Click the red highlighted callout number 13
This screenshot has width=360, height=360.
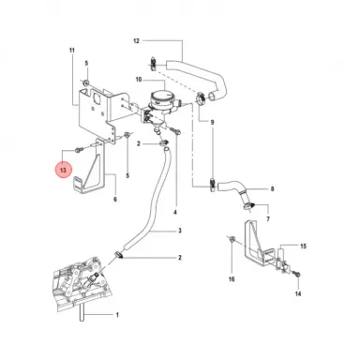(63, 171)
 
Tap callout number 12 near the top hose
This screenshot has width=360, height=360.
(136, 41)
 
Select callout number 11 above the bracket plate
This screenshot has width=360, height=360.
(72, 51)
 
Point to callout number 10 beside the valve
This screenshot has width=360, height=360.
(139, 80)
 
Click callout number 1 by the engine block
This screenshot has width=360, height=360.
(117, 315)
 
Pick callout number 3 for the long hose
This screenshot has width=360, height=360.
(180, 231)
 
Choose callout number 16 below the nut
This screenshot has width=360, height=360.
(232, 279)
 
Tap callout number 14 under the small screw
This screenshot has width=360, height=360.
(298, 293)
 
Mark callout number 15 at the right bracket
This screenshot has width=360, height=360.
(304, 247)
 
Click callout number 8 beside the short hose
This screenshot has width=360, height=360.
(272, 188)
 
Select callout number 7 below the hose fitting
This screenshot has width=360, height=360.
(268, 219)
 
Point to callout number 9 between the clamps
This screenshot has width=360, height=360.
(212, 122)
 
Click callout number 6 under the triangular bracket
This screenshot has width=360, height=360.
(115, 199)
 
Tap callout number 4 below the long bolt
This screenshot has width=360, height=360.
(175, 212)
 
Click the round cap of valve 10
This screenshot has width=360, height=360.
(162, 95)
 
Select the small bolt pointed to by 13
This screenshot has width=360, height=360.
(79, 151)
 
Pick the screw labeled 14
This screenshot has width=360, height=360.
(297, 275)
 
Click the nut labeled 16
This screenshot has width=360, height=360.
(232, 240)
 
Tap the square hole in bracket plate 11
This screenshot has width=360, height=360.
(97, 98)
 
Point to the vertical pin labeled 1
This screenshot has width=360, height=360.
(82, 312)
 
